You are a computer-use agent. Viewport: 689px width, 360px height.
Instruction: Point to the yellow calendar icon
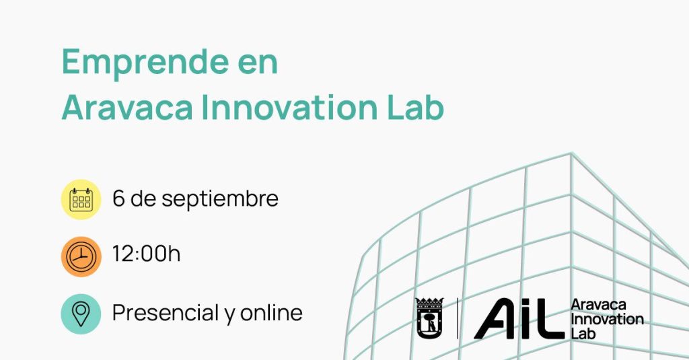point(81,200)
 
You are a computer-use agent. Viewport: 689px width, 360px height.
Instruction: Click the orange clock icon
point(81,256)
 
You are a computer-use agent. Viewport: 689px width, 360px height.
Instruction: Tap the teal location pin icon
point(81,314)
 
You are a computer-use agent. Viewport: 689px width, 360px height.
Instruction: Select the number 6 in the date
point(118,199)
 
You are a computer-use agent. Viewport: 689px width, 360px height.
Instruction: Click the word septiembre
point(220,200)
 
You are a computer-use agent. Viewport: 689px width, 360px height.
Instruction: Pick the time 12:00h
point(146,254)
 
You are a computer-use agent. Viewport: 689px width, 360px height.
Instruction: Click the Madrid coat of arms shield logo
point(429,318)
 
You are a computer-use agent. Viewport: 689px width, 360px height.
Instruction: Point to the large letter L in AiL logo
point(549,319)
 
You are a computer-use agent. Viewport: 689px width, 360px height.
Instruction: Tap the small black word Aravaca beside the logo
point(598,305)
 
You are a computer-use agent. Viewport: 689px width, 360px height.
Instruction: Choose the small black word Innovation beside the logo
point(607,319)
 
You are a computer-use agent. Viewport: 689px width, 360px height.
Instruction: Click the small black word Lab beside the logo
point(583,333)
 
